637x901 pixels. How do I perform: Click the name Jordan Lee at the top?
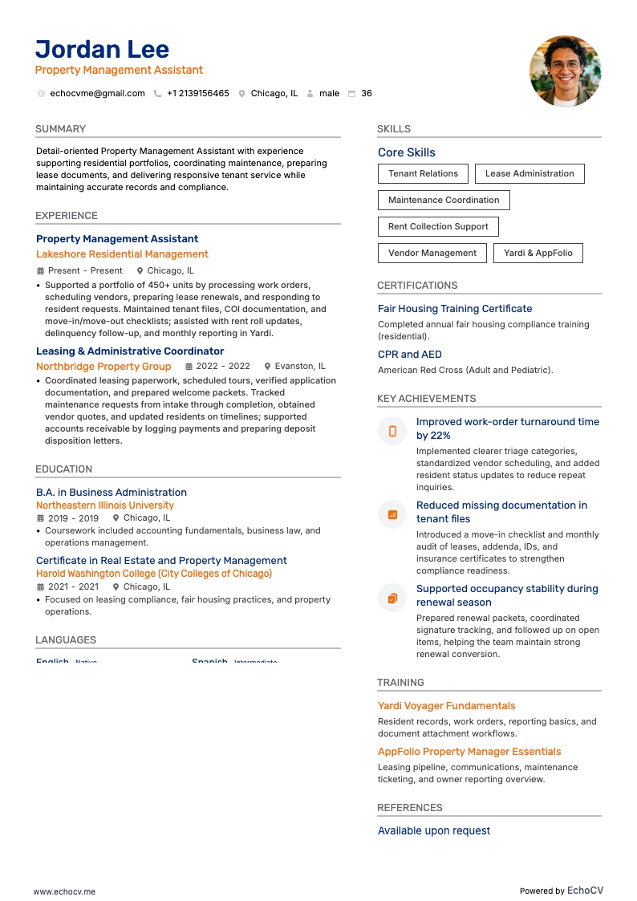pos(102,49)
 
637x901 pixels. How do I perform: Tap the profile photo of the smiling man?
pos(565,71)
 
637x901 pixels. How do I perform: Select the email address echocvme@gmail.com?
pos(97,94)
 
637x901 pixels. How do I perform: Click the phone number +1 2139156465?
pos(197,94)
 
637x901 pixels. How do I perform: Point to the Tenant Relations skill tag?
pos(423,173)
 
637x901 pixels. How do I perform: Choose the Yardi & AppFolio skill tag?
pos(538,253)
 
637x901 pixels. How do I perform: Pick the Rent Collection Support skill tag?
pos(438,226)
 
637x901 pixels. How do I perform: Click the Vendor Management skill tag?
pos(432,253)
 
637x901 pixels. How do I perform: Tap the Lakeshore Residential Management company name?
pos(122,254)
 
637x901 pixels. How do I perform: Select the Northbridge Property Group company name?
pos(103,367)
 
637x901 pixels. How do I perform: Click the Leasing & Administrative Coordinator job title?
pos(130,351)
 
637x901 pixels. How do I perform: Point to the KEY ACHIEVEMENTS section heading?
pos(426,399)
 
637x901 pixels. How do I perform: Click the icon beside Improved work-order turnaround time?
pos(392,431)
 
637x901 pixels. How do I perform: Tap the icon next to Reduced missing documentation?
pos(392,514)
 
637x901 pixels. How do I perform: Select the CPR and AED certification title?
pos(409,355)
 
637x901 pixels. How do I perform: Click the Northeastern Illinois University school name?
pos(105,505)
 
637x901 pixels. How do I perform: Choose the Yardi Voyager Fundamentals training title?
pos(446,706)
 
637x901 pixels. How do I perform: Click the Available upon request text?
pos(433,831)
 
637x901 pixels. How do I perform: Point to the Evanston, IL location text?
pos(300,367)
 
